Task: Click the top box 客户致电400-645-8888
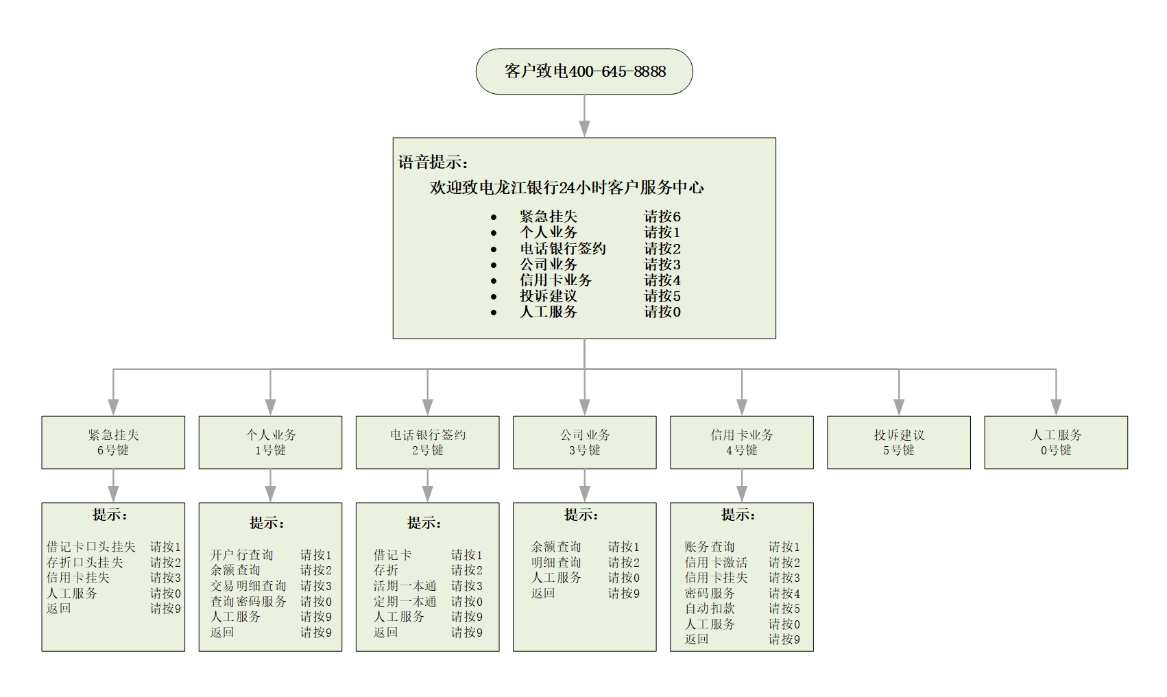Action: coord(584,71)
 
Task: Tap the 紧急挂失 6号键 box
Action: coord(113,442)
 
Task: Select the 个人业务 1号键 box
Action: coord(270,442)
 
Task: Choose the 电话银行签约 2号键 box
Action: coord(427,442)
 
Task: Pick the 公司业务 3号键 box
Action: coord(585,442)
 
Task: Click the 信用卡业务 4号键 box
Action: coord(741,442)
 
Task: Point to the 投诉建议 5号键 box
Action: coord(899,442)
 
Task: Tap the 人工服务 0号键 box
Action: coord(1056,442)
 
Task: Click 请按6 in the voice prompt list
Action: coord(662,216)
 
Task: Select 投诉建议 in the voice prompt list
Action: coord(549,296)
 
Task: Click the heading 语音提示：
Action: coord(433,162)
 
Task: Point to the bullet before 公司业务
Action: coord(494,265)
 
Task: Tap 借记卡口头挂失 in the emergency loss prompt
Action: coord(91,546)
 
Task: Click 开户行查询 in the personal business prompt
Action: coord(242,554)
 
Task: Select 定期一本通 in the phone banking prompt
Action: coord(405,601)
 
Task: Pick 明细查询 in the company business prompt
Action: coord(556,562)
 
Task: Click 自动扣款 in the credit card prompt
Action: coord(710,609)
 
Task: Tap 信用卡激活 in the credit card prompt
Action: coord(716,562)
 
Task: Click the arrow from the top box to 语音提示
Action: coord(585,116)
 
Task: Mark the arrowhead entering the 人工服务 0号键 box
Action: coord(1056,407)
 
